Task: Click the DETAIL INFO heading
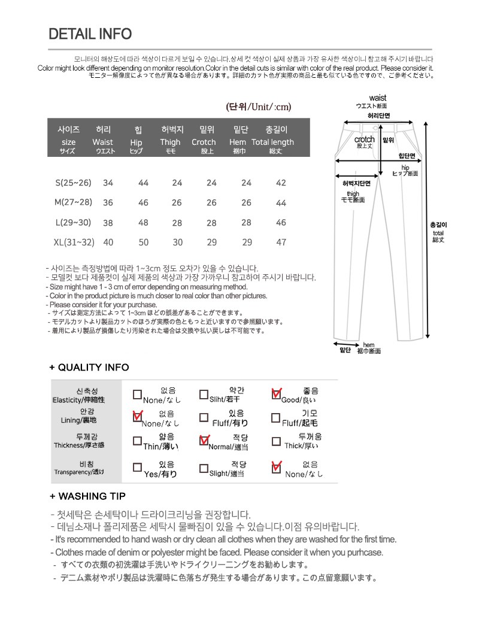point(90,34)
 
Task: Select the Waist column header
point(103,142)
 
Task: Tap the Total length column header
point(272,142)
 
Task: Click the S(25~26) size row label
point(73,183)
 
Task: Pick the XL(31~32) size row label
point(74,242)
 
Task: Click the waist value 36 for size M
point(108,203)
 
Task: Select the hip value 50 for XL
point(144,242)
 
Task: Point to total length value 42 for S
point(281,183)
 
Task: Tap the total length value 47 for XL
point(281,242)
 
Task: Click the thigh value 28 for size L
point(177,223)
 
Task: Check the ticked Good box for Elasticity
point(276,394)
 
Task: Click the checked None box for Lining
point(137,416)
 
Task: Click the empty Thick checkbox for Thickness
point(276,442)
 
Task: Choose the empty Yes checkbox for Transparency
point(137,467)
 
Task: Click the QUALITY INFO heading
point(89,367)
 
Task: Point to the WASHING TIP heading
point(87,496)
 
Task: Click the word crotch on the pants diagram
point(365,139)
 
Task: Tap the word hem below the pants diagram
point(369,345)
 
